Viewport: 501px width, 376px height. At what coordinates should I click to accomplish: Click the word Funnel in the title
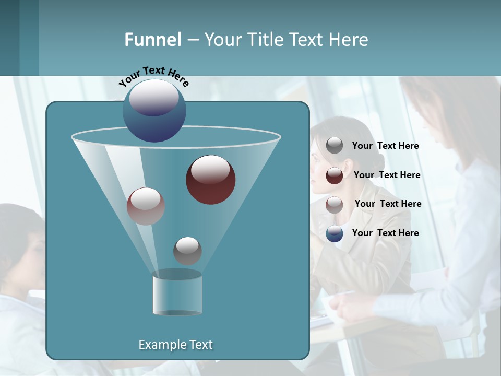click(153, 40)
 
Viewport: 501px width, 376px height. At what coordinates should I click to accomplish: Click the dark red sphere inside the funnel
click(211, 180)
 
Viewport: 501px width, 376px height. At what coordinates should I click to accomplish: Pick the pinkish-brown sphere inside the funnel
click(146, 206)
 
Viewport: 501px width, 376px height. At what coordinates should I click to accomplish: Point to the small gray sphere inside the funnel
click(187, 251)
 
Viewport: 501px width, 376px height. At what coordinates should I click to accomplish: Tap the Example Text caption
click(176, 345)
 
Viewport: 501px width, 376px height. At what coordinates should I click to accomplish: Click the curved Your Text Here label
click(153, 76)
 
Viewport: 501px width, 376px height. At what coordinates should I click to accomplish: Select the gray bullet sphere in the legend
click(335, 146)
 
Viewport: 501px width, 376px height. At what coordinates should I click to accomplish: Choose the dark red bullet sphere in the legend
click(335, 175)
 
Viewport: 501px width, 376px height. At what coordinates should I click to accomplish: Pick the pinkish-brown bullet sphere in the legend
click(335, 204)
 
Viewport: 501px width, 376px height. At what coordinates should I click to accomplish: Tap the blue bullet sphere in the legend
click(335, 233)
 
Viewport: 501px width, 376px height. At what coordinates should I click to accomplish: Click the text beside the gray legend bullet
click(385, 146)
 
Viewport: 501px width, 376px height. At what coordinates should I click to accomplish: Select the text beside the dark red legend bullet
click(387, 175)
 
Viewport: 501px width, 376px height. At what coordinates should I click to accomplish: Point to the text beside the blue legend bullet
click(385, 233)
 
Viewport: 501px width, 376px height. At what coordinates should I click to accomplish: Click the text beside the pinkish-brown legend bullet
click(388, 204)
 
